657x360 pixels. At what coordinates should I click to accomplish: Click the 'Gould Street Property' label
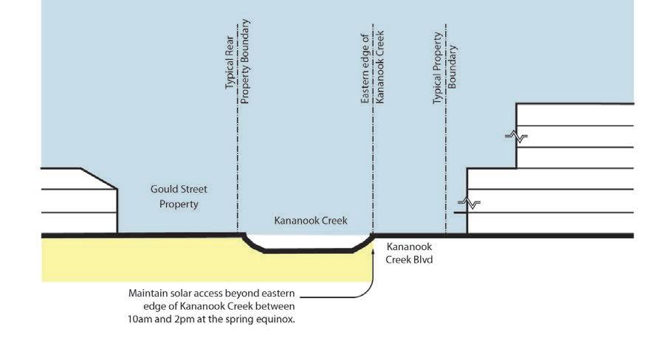pyautogui.click(x=179, y=196)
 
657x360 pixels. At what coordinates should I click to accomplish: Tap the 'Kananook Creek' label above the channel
pyautogui.click(x=310, y=221)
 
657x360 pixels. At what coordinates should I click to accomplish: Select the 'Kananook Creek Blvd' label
pyautogui.click(x=408, y=253)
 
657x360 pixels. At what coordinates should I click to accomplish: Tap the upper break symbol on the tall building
pyautogui.click(x=516, y=136)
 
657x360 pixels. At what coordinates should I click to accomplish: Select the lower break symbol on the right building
pyautogui.click(x=469, y=203)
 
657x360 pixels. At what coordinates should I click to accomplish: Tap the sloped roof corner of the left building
pyautogui.click(x=98, y=178)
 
